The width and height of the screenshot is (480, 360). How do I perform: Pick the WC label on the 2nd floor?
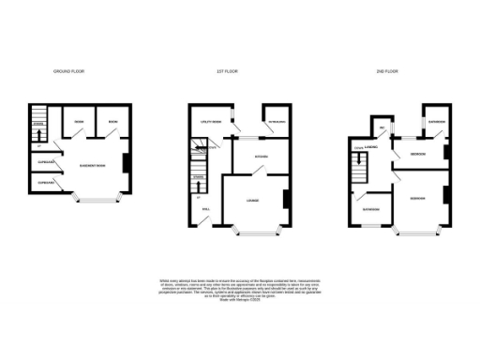tap(381, 129)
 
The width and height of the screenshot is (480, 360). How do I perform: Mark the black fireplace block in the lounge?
tap(285, 200)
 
